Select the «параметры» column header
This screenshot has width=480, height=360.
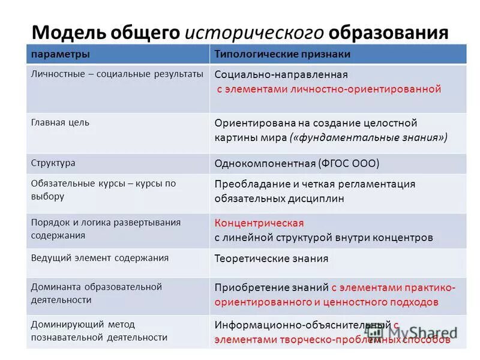pos(61,55)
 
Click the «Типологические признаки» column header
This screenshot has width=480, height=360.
pos(283,55)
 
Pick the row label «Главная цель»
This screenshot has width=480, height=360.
pos(60,122)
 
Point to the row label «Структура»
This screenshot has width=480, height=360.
pos(53,163)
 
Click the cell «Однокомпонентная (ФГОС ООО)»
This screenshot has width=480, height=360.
pos(297,163)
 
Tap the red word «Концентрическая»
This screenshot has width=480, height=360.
pos(259,223)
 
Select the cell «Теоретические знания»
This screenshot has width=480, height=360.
pos(271,259)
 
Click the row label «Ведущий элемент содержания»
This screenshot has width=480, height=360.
pos(100,258)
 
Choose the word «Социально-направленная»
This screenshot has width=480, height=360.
pos(281,75)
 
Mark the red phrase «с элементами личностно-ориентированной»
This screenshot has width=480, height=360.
pos(329,89)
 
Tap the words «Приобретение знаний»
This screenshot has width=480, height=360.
pos(271,287)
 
